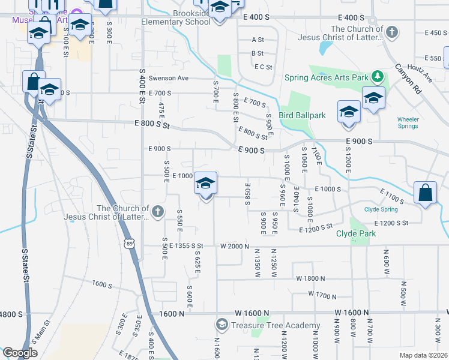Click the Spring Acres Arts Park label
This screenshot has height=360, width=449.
click(325, 77)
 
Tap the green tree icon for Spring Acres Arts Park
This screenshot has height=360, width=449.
click(378, 76)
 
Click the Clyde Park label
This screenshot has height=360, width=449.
click(356, 233)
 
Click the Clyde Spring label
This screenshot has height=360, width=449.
click(381, 209)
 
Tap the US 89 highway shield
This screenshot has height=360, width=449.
click(130, 243)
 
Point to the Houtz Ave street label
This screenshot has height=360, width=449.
click(420, 74)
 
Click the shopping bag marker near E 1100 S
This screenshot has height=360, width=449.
click(425, 193)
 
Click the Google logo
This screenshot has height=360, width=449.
click(20, 353)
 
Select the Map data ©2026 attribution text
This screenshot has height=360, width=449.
click(424, 355)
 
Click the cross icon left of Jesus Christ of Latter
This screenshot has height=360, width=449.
click(157, 211)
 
